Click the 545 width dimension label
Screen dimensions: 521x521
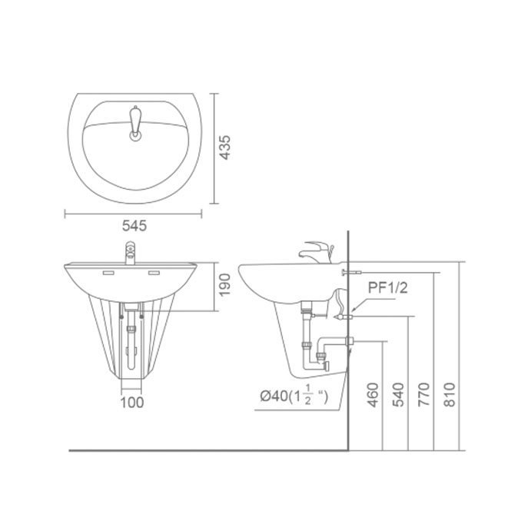[x=134, y=226]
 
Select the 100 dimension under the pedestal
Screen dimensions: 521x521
[x=132, y=403]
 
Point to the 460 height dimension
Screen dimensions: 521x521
[x=373, y=395]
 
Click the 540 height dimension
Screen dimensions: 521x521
[x=398, y=395]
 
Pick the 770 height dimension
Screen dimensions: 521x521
[x=424, y=394]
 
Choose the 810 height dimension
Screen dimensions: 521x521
[x=450, y=394]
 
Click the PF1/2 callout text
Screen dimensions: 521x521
[x=387, y=287]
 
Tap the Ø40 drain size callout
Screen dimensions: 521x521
[x=294, y=396]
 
